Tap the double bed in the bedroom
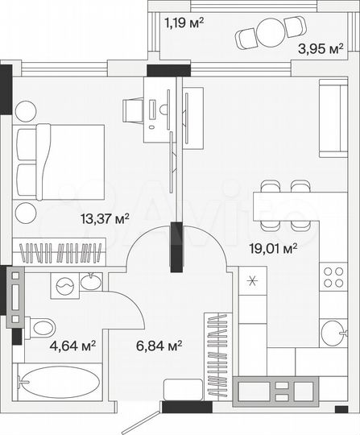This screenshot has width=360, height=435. pyautogui.click(x=60, y=161)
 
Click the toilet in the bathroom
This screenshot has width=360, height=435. pyautogui.click(x=40, y=326)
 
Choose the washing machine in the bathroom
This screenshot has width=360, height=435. pyautogui.click(x=64, y=284)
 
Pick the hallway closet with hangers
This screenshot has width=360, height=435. pyautogui.click(x=215, y=354)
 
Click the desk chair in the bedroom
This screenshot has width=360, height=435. pyautogui.click(x=133, y=109)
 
